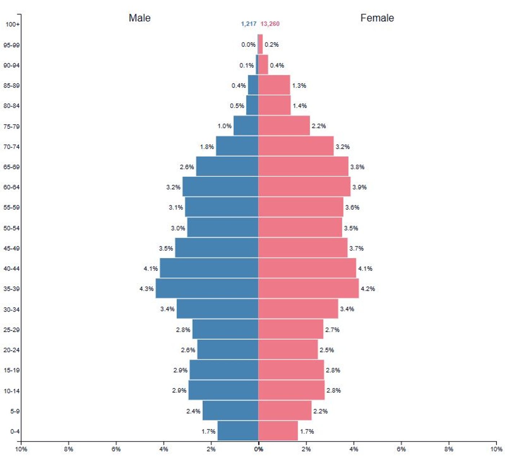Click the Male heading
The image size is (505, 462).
pos(140,18)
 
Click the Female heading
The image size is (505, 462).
pos(377,18)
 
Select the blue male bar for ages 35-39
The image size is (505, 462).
pos(207,289)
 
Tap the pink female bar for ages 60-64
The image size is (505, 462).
pos(304,187)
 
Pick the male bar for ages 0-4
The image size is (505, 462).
pos(238,431)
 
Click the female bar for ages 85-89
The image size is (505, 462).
pos(274,85)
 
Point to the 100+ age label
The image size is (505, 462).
pos(13,25)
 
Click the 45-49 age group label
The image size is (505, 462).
pos(12,248)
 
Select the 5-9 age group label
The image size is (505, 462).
pos(15,411)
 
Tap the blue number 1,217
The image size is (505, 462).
pos(249,24)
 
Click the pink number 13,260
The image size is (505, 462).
pos(270,24)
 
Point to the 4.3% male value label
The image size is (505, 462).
pos(146,289)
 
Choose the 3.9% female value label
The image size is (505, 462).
pos(359,187)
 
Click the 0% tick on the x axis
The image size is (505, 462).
pos(258,449)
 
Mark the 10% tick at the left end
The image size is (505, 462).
pos(21,449)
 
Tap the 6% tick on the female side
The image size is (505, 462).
pos(401,449)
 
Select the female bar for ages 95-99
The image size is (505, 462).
pos(260,44)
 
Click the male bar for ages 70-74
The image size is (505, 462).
pos(237,146)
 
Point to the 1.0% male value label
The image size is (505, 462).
pos(224,126)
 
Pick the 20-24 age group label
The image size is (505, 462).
pos(12,350)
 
